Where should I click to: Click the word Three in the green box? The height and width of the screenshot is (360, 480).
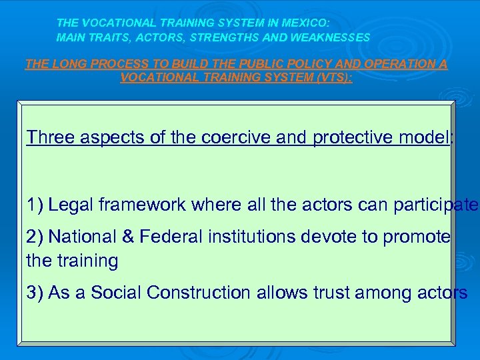click(x=51, y=137)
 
